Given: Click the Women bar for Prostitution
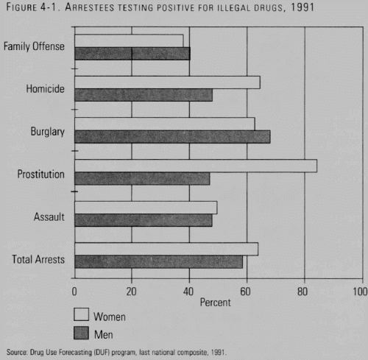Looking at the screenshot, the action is coord(196,166).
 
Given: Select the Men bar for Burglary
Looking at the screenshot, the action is coord(172,137).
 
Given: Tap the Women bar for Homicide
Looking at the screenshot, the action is coord(167,82).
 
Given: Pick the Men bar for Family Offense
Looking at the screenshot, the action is coord(132,54).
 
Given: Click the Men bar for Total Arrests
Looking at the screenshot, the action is coord(159,261).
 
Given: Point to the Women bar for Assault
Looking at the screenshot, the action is coord(146,208).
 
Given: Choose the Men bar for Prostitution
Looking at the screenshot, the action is coord(142,178).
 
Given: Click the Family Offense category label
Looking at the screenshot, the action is coord(34,46).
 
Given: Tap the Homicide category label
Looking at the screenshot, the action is coord(46,89).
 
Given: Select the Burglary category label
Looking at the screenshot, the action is coord(48,132).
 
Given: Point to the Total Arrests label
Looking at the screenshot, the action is coord(38,259).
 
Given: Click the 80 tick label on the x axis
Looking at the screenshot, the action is coord(302,292).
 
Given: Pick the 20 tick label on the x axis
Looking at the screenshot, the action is coord(131,292).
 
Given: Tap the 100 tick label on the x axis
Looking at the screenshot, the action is coord(360,292).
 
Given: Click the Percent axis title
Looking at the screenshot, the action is coord(216,303).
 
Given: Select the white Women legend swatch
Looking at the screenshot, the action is coord(81,314).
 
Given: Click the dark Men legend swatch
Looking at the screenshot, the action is coord(81,333).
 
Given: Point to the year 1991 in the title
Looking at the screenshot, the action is coord(302,7).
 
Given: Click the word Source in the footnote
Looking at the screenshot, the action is coord(17,352).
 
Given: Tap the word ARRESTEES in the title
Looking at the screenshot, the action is coord(90,7).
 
